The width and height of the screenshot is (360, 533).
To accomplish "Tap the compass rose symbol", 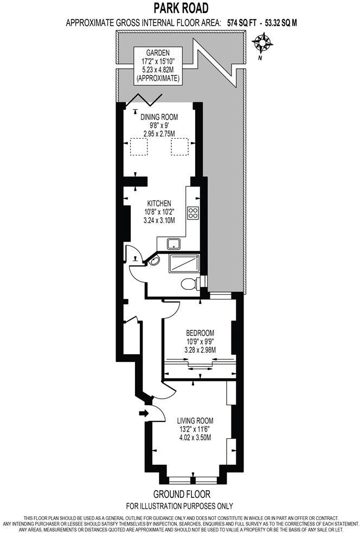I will coord(263,42).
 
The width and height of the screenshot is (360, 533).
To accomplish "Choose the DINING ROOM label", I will coord(159,116).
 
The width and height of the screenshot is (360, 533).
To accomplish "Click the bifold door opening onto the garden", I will coord(147,99).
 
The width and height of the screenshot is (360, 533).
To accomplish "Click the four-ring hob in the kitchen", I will coord(192,213).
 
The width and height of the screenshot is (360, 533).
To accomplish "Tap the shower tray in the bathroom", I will coord(184,263).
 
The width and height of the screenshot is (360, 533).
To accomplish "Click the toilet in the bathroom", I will coord(188,283).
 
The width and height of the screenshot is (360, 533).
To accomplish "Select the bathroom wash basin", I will coord(155,262).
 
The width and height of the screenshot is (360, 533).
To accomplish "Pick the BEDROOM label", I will coord(200,333).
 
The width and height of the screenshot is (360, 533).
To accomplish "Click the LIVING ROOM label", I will coord(195,420).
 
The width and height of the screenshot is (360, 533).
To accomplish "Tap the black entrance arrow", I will coord(143,413).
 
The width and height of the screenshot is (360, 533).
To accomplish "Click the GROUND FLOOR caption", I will coord(181,495).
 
